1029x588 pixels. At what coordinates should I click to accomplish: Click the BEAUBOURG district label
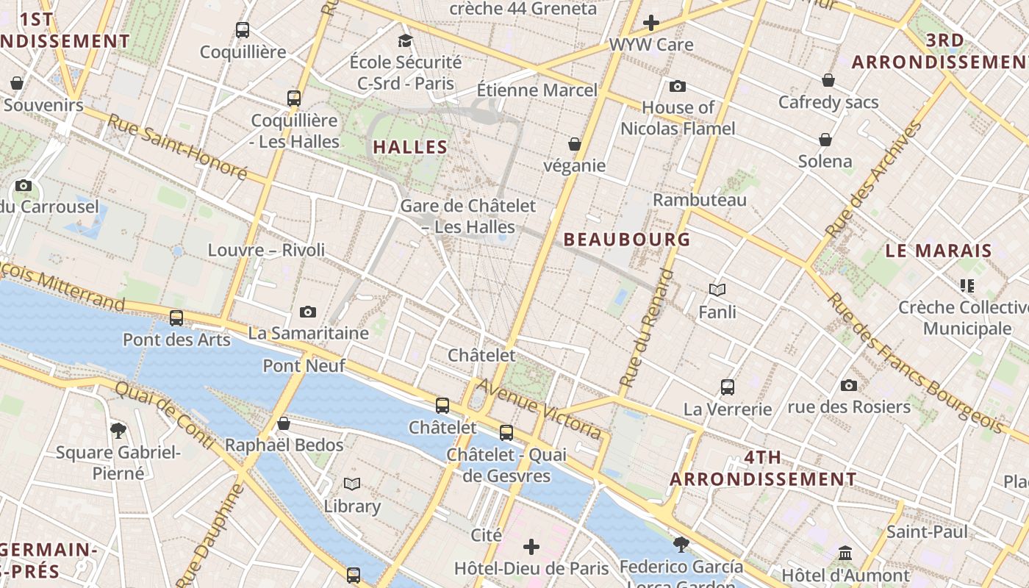pyautogui.click(x=627, y=239)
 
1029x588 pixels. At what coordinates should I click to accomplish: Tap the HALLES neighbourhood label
pyautogui.click(x=410, y=147)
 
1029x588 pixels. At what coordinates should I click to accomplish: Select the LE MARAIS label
pyautogui.click(x=939, y=251)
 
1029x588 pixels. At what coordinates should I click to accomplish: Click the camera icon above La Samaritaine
pyautogui.click(x=308, y=312)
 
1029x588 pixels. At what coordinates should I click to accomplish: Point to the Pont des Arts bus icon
pyautogui.click(x=176, y=318)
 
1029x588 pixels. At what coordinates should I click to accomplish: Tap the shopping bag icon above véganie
pyautogui.click(x=575, y=144)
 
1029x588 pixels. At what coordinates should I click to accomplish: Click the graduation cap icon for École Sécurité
pyautogui.click(x=405, y=40)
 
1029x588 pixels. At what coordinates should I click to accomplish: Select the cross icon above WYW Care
pyautogui.click(x=650, y=23)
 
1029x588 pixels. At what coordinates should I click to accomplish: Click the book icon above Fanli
pyautogui.click(x=717, y=290)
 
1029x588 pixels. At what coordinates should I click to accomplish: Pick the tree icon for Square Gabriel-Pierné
pyautogui.click(x=118, y=430)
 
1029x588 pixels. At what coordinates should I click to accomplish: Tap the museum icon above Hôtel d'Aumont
pyautogui.click(x=845, y=553)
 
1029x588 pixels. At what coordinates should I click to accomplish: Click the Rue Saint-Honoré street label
pyautogui.click(x=179, y=147)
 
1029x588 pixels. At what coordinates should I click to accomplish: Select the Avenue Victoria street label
pyautogui.click(x=540, y=409)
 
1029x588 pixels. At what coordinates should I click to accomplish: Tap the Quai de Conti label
pyautogui.click(x=165, y=415)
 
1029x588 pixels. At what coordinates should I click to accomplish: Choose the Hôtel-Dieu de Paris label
pyautogui.click(x=531, y=568)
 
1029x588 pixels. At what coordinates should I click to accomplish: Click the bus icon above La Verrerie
pyautogui.click(x=728, y=387)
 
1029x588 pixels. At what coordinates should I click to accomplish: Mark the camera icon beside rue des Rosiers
pyautogui.click(x=849, y=385)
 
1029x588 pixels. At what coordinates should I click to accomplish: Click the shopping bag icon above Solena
pyautogui.click(x=825, y=140)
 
